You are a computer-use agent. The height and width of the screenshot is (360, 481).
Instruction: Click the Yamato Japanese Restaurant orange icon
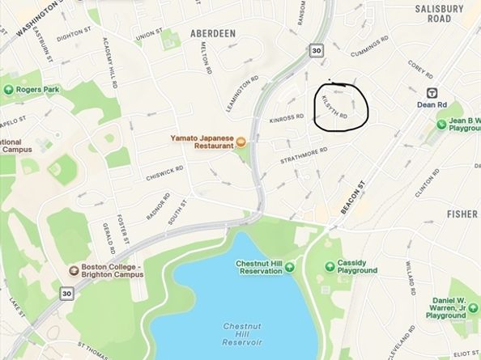pyautogui.click(x=240, y=142)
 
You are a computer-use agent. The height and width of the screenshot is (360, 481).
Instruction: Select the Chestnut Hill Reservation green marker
pyautogui.click(x=290, y=267)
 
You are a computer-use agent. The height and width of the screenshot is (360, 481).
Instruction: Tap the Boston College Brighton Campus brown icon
pyautogui.click(x=74, y=270)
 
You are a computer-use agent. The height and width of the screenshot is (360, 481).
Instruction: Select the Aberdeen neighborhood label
pyautogui.click(x=212, y=33)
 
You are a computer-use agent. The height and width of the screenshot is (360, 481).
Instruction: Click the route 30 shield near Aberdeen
pyautogui.click(x=316, y=50)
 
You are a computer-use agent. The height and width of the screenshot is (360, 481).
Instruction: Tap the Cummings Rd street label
pyautogui.click(x=376, y=51)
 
